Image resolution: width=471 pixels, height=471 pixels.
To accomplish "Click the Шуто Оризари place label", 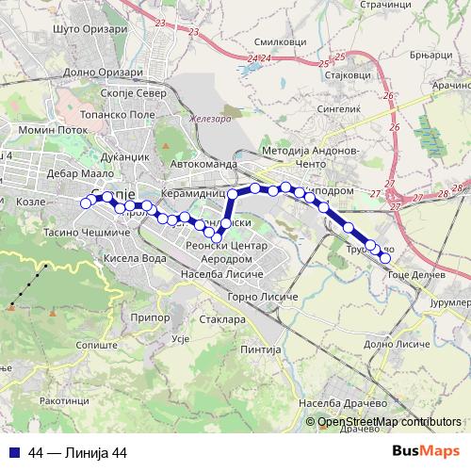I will pos(91,29).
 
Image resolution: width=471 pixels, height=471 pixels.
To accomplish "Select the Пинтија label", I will pos(261,349).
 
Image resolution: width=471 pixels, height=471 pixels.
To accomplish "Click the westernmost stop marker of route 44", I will pos(86,203).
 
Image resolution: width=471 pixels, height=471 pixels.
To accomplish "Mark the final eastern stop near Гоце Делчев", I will pos(384,257).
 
